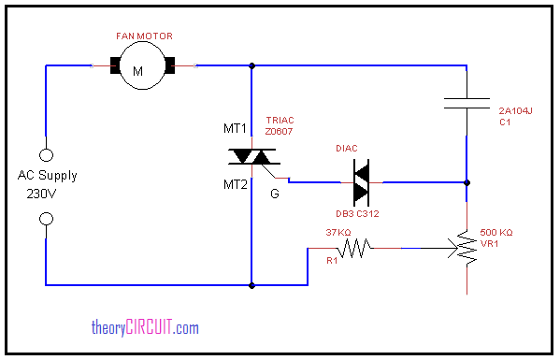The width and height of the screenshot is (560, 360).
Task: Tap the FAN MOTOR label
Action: (144, 36)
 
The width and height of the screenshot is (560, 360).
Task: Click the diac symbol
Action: (361, 182)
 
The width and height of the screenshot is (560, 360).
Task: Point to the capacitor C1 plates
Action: (467, 103)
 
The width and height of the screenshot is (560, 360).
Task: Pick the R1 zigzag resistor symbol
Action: (354, 248)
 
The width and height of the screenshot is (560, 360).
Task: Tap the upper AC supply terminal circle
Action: (46, 155)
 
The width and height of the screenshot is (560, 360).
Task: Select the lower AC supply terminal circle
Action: (46, 219)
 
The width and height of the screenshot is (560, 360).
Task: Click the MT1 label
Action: (235, 128)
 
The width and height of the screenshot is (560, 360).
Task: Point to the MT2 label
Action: (235, 184)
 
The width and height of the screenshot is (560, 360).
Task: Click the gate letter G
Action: (275, 194)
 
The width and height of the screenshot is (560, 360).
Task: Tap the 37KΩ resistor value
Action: (338, 233)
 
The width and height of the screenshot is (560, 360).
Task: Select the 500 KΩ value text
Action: (496, 233)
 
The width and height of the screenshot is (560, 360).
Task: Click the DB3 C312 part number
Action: (357, 213)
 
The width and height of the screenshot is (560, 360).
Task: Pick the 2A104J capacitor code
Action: (515, 110)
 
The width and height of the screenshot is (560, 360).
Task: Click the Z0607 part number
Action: (279, 132)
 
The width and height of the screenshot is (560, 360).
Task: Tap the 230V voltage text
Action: (41, 194)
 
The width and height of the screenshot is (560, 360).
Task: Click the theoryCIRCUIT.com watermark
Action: (145, 327)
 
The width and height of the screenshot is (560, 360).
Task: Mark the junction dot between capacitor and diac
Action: (467, 182)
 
